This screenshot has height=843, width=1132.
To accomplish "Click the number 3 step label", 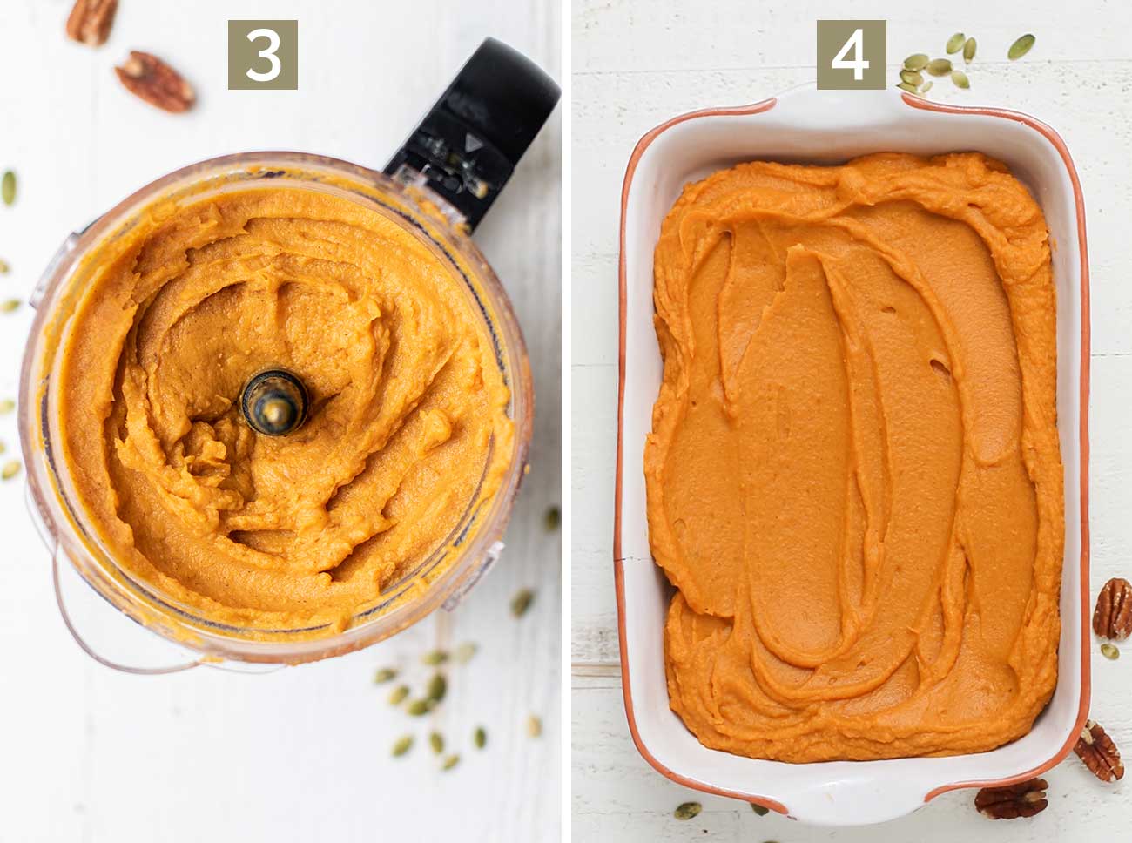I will coord(262,55).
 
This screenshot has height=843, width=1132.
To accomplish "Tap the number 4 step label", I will coord(851,55).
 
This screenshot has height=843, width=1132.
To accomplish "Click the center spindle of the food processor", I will coord(273,402).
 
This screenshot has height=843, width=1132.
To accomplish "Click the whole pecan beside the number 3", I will coord(154,81).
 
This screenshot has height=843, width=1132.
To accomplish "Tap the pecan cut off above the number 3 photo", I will coord(92,19).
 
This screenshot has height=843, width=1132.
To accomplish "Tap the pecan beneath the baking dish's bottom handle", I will coord(1011,799).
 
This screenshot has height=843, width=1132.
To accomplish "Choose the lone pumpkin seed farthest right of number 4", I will coord(1021,45).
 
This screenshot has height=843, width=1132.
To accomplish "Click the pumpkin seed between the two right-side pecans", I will coord(1108,651).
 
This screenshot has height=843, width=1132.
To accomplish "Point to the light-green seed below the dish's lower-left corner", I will coord(687,810).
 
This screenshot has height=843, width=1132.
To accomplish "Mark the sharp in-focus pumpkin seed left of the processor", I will coord(9,187).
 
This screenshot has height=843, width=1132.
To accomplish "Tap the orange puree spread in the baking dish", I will coord(853,453).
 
